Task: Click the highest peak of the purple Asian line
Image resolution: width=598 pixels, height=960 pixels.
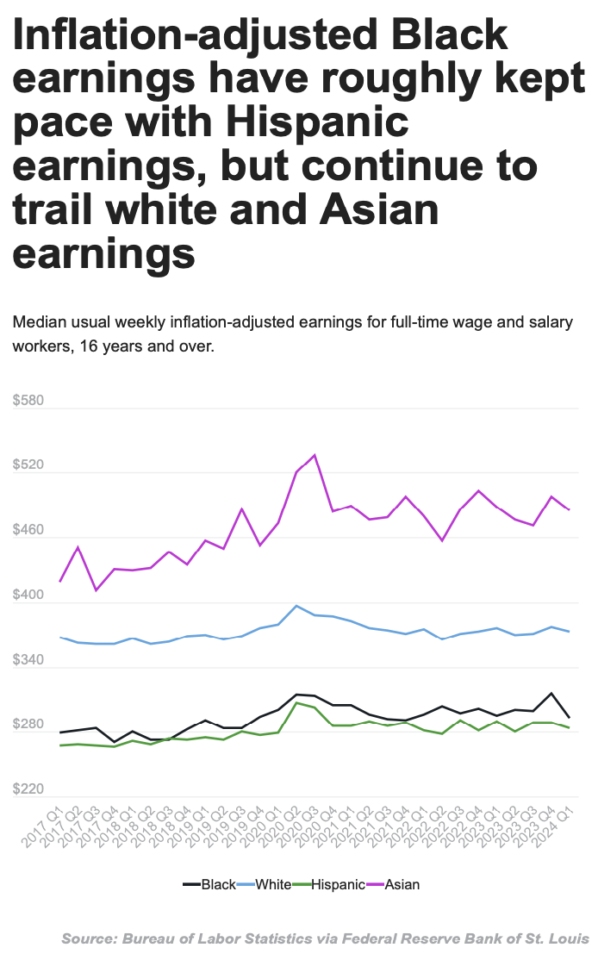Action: (315, 455)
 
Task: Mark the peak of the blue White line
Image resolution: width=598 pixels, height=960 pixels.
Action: (296, 606)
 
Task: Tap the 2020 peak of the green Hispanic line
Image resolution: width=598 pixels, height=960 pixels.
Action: (296, 703)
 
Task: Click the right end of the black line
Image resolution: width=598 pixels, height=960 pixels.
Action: (594, 717)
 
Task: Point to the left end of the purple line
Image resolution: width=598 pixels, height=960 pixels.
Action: (59, 582)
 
